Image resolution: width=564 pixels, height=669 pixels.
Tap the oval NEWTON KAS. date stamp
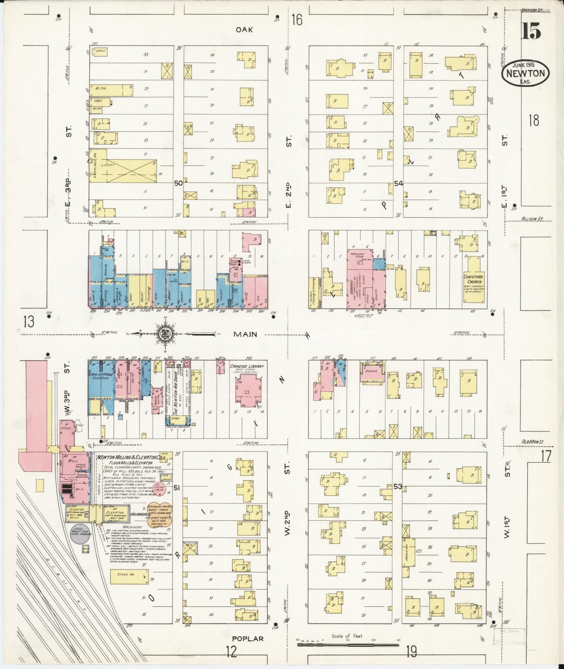coord(525,73)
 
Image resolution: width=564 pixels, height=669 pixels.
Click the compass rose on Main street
coord(165,334)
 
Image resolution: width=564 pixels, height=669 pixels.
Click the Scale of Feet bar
coord(347,642)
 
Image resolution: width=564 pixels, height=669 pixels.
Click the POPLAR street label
coord(248,639)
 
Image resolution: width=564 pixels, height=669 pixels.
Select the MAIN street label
coord(245,334)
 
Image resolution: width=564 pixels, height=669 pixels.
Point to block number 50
coord(178,183)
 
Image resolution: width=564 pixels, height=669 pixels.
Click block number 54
coord(399,183)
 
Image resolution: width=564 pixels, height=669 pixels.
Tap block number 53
coord(398,486)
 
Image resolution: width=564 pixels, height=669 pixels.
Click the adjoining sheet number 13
coord(28,322)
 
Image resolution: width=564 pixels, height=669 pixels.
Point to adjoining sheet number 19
coord(411,651)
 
